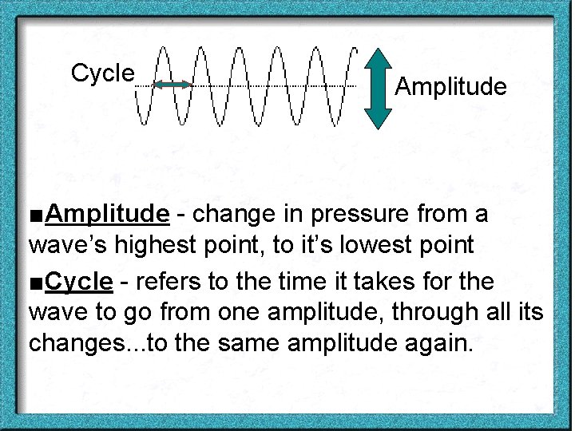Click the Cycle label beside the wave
[x=102, y=73]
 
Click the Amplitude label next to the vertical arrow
[x=450, y=86]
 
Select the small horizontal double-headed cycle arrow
[x=172, y=84]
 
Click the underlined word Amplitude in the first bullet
[x=107, y=214]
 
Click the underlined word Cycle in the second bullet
[x=79, y=282]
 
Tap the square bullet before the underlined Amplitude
[x=36, y=215]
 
